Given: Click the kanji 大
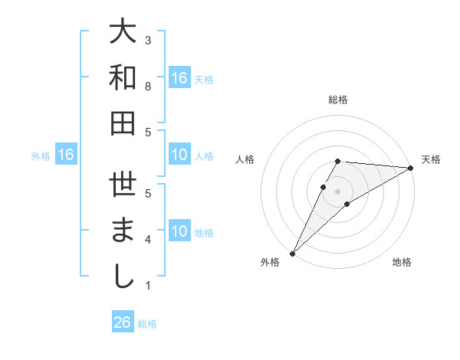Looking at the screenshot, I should pyautogui.click(x=123, y=31).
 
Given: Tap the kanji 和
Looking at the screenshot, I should pyautogui.click(x=123, y=77).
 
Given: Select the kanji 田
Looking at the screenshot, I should pyautogui.click(x=123, y=123).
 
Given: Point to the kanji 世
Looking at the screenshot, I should pyautogui.click(x=123, y=185).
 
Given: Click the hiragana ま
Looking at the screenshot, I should pyautogui.click(x=123, y=231).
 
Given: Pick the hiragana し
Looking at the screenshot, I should pyautogui.click(x=123, y=277).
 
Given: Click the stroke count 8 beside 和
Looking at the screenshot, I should pyautogui.click(x=148, y=87).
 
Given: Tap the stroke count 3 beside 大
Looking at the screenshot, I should pyautogui.click(x=148, y=40).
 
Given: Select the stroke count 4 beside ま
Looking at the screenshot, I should pyautogui.click(x=148, y=240).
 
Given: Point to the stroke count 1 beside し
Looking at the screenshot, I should pyautogui.click(x=148, y=286).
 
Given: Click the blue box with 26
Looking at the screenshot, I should pyautogui.click(x=123, y=322).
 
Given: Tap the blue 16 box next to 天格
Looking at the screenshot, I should pyautogui.click(x=179, y=77).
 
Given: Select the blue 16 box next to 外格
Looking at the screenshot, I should pyautogui.click(x=66, y=155).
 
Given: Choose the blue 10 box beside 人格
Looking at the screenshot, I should pyautogui.click(x=179, y=155).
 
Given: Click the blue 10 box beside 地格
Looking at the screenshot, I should pyautogui.click(x=179, y=231).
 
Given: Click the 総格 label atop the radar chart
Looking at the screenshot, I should pyautogui.click(x=337, y=100).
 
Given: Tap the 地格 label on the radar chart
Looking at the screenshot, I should pyautogui.click(x=402, y=263).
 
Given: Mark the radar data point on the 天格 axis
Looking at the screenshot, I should pyautogui.click(x=411, y=169).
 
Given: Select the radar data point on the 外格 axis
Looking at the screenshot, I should pyautogui.click(x=292, y=253).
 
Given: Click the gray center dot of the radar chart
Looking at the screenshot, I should pyautogui.click(x=337, y=191).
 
